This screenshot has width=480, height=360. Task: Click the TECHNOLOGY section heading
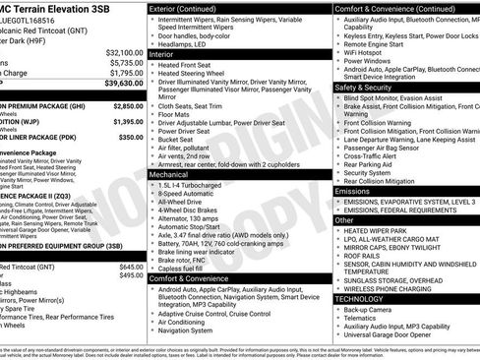tap(359, 298)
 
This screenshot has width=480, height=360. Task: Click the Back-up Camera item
tap(371, 309)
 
